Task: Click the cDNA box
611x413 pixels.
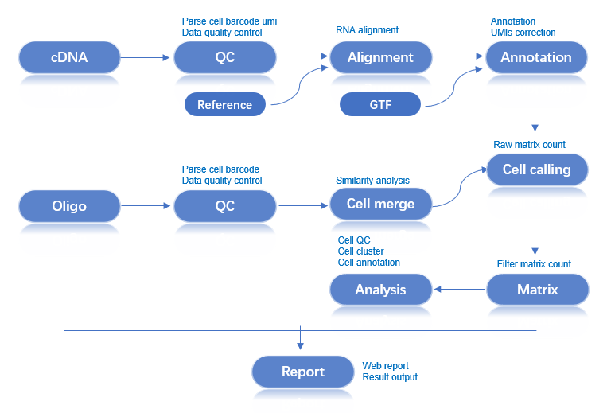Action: (x=69, y=57)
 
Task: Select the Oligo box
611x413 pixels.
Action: (x=69, y=205)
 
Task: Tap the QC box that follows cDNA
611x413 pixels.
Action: (x=225, y=57)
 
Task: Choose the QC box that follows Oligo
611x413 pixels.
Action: (x=225, y=205)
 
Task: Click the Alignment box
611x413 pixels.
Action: (x=380, y=57)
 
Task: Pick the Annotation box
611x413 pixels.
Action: (x=535, y=57)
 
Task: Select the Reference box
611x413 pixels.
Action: (x=224, y=104)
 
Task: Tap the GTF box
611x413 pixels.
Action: (x=380, y=104)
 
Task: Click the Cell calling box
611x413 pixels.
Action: (x=536, y=169)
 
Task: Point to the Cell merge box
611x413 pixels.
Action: (x=380, y=204)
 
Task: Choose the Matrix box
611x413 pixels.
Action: (x=537, y=290)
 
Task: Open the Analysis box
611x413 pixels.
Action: (x=380, y=290)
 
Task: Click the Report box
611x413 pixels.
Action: (x=302, y=372)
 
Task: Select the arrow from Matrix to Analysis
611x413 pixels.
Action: (x=459, y=290)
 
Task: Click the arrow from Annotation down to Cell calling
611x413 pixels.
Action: (x=535, y=104)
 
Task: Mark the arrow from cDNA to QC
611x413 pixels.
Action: (x=146, y=57)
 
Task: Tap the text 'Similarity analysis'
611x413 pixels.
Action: (x=372, y=181)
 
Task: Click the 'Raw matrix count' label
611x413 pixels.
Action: (x=529, y=144)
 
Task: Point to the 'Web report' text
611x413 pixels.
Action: (x=385, y=366)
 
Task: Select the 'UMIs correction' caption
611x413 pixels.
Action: (x=523, y=33)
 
